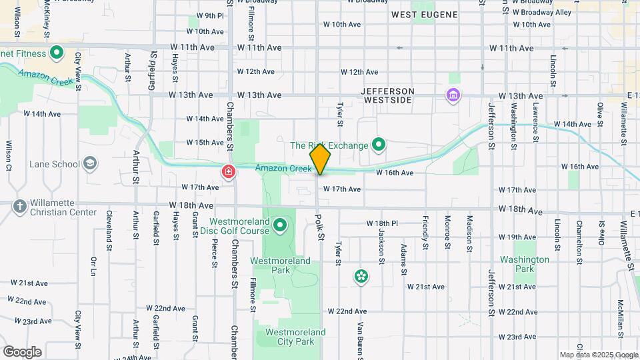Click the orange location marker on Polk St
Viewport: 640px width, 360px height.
point(320,159)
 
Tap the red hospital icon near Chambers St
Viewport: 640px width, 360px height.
point(229,173)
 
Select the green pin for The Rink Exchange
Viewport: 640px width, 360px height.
point(379,144)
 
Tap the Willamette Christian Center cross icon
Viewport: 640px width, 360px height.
point(19,207)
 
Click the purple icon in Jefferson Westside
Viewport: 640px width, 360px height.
point(453,96)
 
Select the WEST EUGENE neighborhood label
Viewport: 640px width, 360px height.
point(424,14)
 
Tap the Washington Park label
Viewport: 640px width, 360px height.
point(525,264)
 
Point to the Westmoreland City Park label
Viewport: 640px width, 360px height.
point(295,337)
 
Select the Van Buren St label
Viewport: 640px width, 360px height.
point(360,339)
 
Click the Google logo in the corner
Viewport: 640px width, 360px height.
point(22,352)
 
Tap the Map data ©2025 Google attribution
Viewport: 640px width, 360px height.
point(598,355)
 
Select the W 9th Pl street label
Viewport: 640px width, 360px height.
point(210,15)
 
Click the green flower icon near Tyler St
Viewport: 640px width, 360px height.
point(361,276)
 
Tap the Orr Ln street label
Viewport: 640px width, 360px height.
point(93,265)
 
